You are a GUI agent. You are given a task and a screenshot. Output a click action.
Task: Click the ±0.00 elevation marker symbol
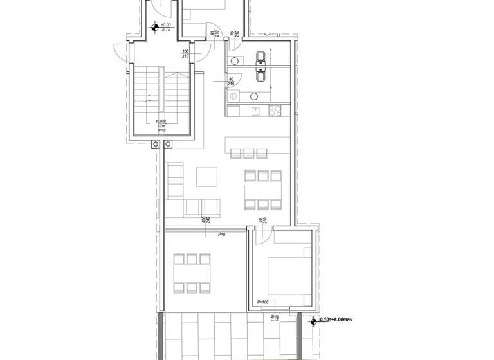click(x=154, y=27)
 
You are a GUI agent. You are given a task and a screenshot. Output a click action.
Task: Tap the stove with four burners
click(x=275, y=111)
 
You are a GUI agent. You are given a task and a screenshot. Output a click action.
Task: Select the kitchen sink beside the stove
click(x=256, y=111)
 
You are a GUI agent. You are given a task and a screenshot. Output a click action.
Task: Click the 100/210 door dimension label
click(x=185, y=54)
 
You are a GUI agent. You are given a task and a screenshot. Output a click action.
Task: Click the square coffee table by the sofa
click(x=206, y=176)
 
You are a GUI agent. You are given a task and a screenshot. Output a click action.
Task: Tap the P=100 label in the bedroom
click(x=262, y=302)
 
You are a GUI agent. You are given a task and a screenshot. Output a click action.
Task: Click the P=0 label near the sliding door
click(x=221, y=235)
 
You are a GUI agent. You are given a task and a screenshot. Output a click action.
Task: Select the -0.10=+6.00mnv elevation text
click(x=337, y=319)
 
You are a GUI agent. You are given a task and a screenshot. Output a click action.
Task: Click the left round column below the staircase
click(x=155, y=144)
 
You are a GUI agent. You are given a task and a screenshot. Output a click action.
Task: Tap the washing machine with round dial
click(x=234, y=95)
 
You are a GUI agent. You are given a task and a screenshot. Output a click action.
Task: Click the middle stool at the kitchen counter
click(x=248, y=153)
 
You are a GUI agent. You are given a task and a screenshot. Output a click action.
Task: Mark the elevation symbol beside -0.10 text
click(x=315, y=320)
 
